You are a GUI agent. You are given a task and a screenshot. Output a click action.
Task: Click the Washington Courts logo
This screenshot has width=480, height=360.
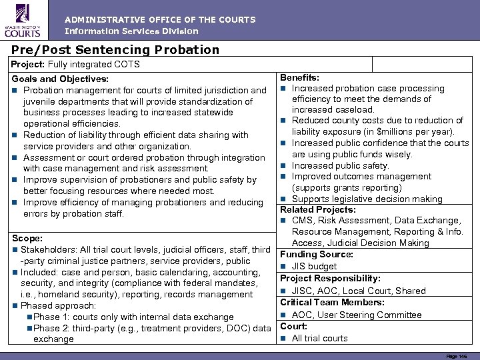[23, 19]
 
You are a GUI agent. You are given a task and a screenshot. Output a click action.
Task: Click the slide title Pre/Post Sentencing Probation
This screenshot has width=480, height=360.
[115, 49]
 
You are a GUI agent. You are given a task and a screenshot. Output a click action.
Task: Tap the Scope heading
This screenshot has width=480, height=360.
[27, 238]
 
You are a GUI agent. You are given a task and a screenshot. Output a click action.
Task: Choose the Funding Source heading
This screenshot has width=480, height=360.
[316, 254]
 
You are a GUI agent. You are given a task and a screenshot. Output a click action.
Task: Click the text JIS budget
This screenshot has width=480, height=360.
[314, 266]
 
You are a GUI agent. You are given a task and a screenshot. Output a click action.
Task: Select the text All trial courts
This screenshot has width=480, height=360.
[319, 338]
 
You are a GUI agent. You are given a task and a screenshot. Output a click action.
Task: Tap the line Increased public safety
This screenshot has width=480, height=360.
[340, 165]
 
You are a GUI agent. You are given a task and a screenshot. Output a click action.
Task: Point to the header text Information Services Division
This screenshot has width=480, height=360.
[131, 31]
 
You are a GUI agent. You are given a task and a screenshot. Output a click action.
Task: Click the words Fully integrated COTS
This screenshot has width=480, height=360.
[85, 64]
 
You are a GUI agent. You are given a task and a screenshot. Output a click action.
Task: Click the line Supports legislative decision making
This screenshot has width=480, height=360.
[367, 199]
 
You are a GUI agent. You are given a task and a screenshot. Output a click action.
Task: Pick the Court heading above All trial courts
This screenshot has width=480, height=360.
[293, 326]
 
